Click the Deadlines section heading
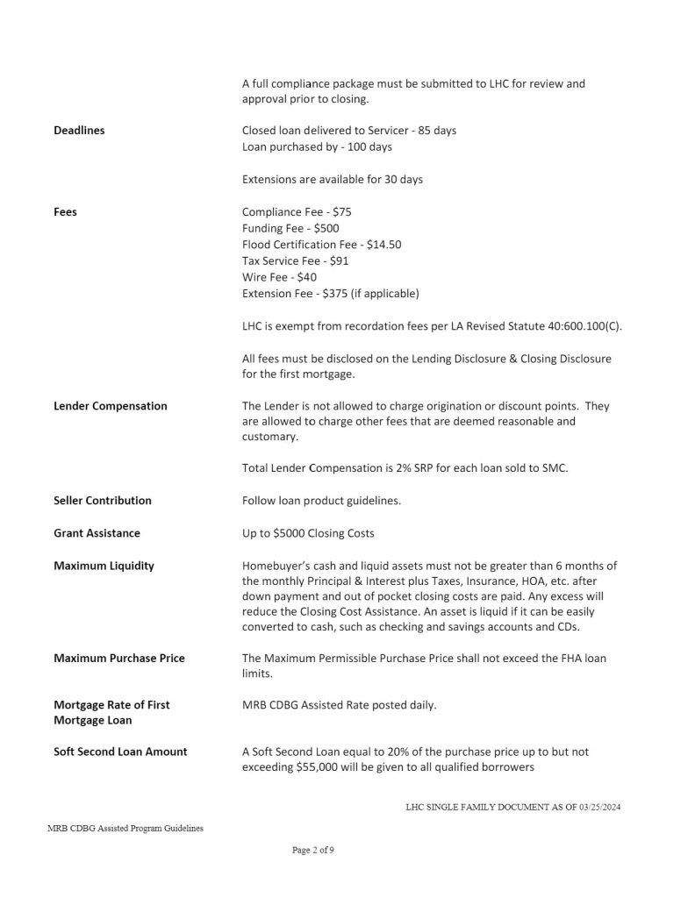(x=79, y=131)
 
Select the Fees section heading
(x=65, y=211)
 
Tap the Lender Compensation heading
(x=111, y=406)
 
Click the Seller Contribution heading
(x=103, y=501)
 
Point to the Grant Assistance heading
(x=97, y=533)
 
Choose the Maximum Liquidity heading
(x=104, y=566)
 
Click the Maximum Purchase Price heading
(x=119, y=658)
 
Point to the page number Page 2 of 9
(x=312, y=850)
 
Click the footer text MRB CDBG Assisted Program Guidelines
(x=125, y=828)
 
